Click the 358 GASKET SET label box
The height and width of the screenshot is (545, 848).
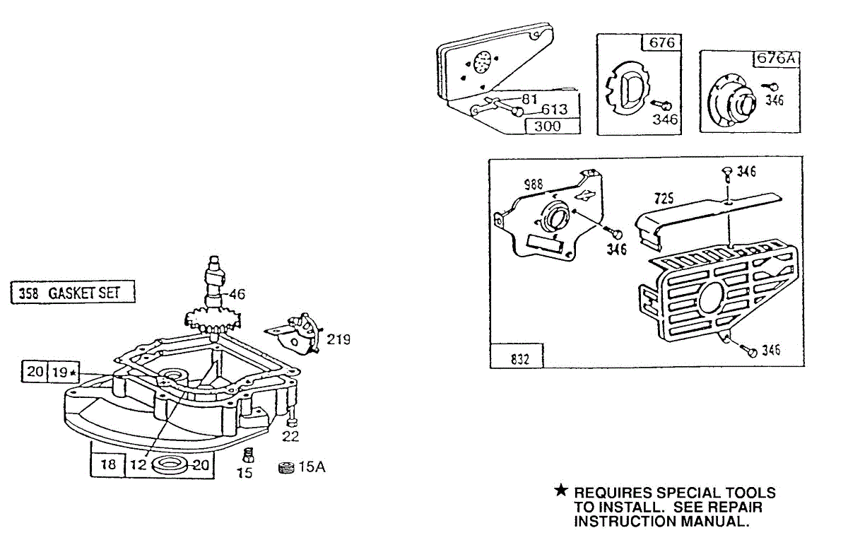point(73,293)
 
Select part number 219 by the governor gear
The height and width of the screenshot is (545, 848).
point(338,339)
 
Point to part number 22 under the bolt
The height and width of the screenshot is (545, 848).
point(290,436)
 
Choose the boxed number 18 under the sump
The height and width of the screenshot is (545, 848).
point(108,465)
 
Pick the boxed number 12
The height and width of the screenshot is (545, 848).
point(139,465)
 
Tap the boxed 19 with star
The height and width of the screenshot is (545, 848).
point(65,372)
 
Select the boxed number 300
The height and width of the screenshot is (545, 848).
point(548,127)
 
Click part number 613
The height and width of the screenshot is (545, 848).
point(555,111)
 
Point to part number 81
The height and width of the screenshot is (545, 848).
point(530,98)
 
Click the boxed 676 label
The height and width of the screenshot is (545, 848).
point(662,42)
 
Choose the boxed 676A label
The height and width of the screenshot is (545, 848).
point(777,59)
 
